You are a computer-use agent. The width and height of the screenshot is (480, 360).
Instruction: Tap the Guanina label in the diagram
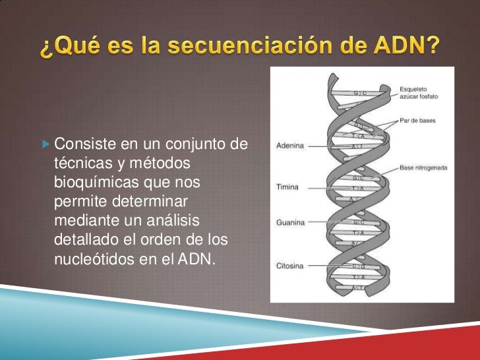point(289,223)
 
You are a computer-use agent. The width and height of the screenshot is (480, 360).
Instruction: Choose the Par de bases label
point(417,121)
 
